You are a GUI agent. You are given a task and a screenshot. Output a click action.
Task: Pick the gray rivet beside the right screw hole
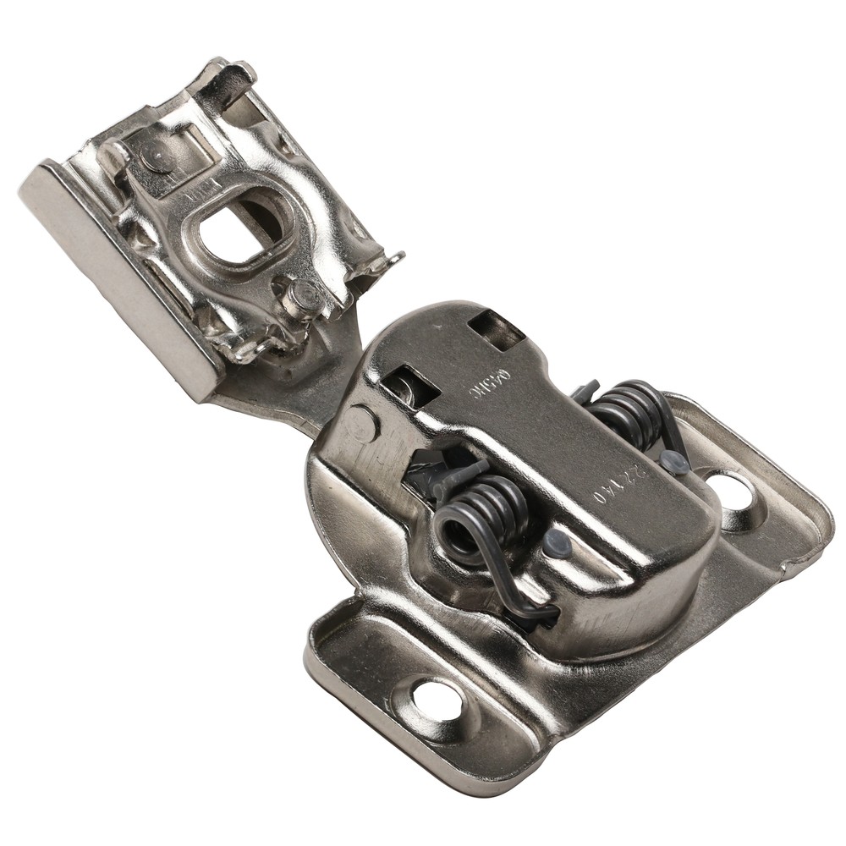pos(674,462)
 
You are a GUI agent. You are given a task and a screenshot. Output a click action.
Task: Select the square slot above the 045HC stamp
pos(497,327)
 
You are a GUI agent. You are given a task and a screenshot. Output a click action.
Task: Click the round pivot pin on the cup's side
pos(362,420)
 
